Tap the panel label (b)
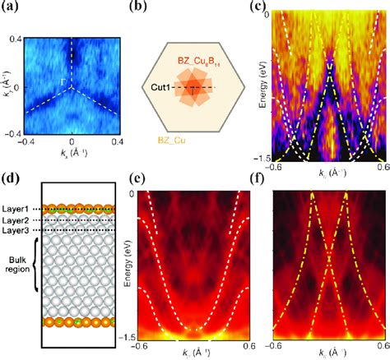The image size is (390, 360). pyautogui.click(x=141, y=11)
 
